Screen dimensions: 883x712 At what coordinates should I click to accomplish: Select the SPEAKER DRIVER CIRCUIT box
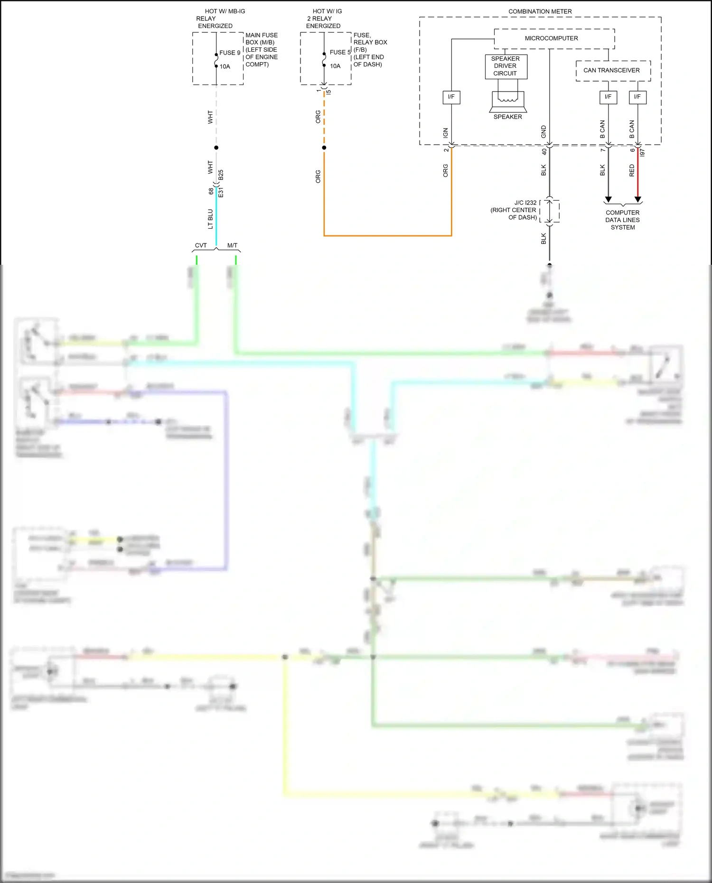tap(506, 66)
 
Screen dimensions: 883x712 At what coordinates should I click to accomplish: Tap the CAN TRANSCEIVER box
tap(612, 70)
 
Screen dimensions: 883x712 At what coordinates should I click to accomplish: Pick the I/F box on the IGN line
tap(451, 97)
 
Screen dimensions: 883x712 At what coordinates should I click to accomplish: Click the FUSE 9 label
tap(230, 53)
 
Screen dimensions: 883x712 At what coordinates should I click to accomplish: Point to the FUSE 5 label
tap(340, 52)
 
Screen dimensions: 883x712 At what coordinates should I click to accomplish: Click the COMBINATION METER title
tap(540, 11)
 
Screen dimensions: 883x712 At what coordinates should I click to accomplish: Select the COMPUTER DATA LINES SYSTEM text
tap(622, 220)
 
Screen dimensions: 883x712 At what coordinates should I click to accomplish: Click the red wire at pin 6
tap(637, 173)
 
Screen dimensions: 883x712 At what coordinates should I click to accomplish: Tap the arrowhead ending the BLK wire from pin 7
tap(608, 199)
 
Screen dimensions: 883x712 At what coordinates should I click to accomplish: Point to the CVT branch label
tap(201, 245)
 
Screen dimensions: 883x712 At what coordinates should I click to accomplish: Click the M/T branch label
tap(232, 245)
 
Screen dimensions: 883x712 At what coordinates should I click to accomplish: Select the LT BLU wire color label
tap(210, 219)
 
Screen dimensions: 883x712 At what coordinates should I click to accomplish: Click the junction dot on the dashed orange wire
tap(324, 148)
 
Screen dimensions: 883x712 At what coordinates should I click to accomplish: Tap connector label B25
tap(221, 175)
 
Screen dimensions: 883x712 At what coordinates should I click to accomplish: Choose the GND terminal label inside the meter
tap(543, 132)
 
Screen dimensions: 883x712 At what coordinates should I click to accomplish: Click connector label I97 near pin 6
tap(643, 152)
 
